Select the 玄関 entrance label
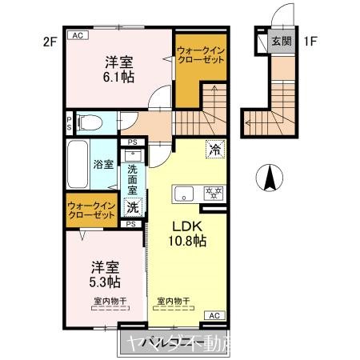(281, 42)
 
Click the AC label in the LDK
(214, 317)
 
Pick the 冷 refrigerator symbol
(214, 148)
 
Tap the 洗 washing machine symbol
(132, 206)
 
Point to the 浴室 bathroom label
(103, 164)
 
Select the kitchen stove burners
(213, 193)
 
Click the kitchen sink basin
(184, 193)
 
